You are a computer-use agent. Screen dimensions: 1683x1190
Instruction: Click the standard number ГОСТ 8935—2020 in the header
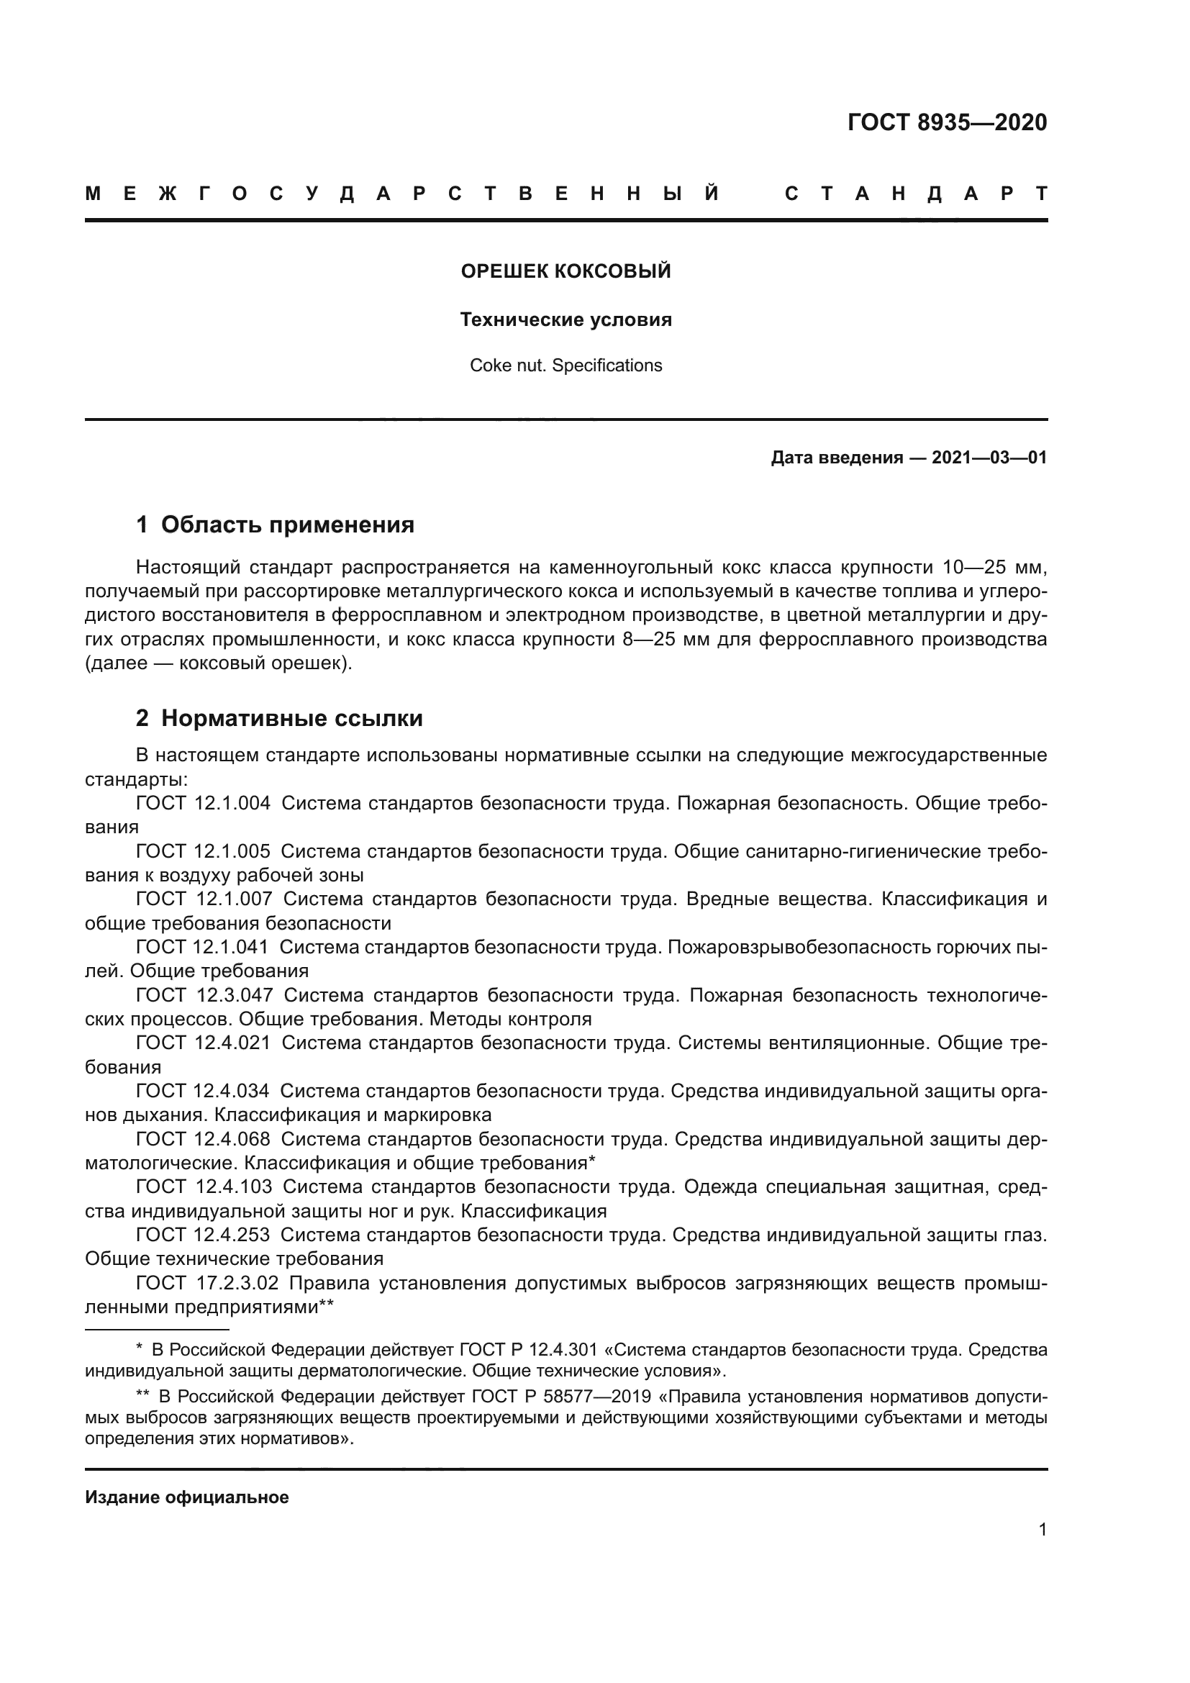[x=947, y=122]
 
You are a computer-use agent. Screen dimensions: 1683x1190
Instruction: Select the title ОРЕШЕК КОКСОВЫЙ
[x=566, y=271]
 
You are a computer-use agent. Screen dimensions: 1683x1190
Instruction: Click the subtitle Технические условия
[x=566, y=319]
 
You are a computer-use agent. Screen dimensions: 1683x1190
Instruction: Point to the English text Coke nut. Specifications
[x=566, y=365]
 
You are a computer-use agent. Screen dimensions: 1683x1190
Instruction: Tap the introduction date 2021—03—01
[x=989, y=458]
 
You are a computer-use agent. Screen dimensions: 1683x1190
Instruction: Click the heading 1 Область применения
[x=276, y=525]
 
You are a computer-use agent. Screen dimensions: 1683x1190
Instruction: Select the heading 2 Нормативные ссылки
[x=279, y=718]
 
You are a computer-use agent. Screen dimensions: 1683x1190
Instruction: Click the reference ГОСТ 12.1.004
[x=203, y=804]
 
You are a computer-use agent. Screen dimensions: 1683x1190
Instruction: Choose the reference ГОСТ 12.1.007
[x=204, y=899]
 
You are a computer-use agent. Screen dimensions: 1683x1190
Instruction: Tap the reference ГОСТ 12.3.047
[x=204, y=995]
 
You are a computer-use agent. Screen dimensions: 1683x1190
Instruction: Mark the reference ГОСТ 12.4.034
[x=203, y=1092]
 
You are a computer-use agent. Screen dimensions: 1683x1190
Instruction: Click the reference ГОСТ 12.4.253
[x=203, y=1235]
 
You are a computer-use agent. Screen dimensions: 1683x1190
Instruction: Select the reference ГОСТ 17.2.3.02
[x=207, y=1283]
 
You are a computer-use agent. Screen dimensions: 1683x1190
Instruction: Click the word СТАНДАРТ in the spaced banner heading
[x=916, y=194]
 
